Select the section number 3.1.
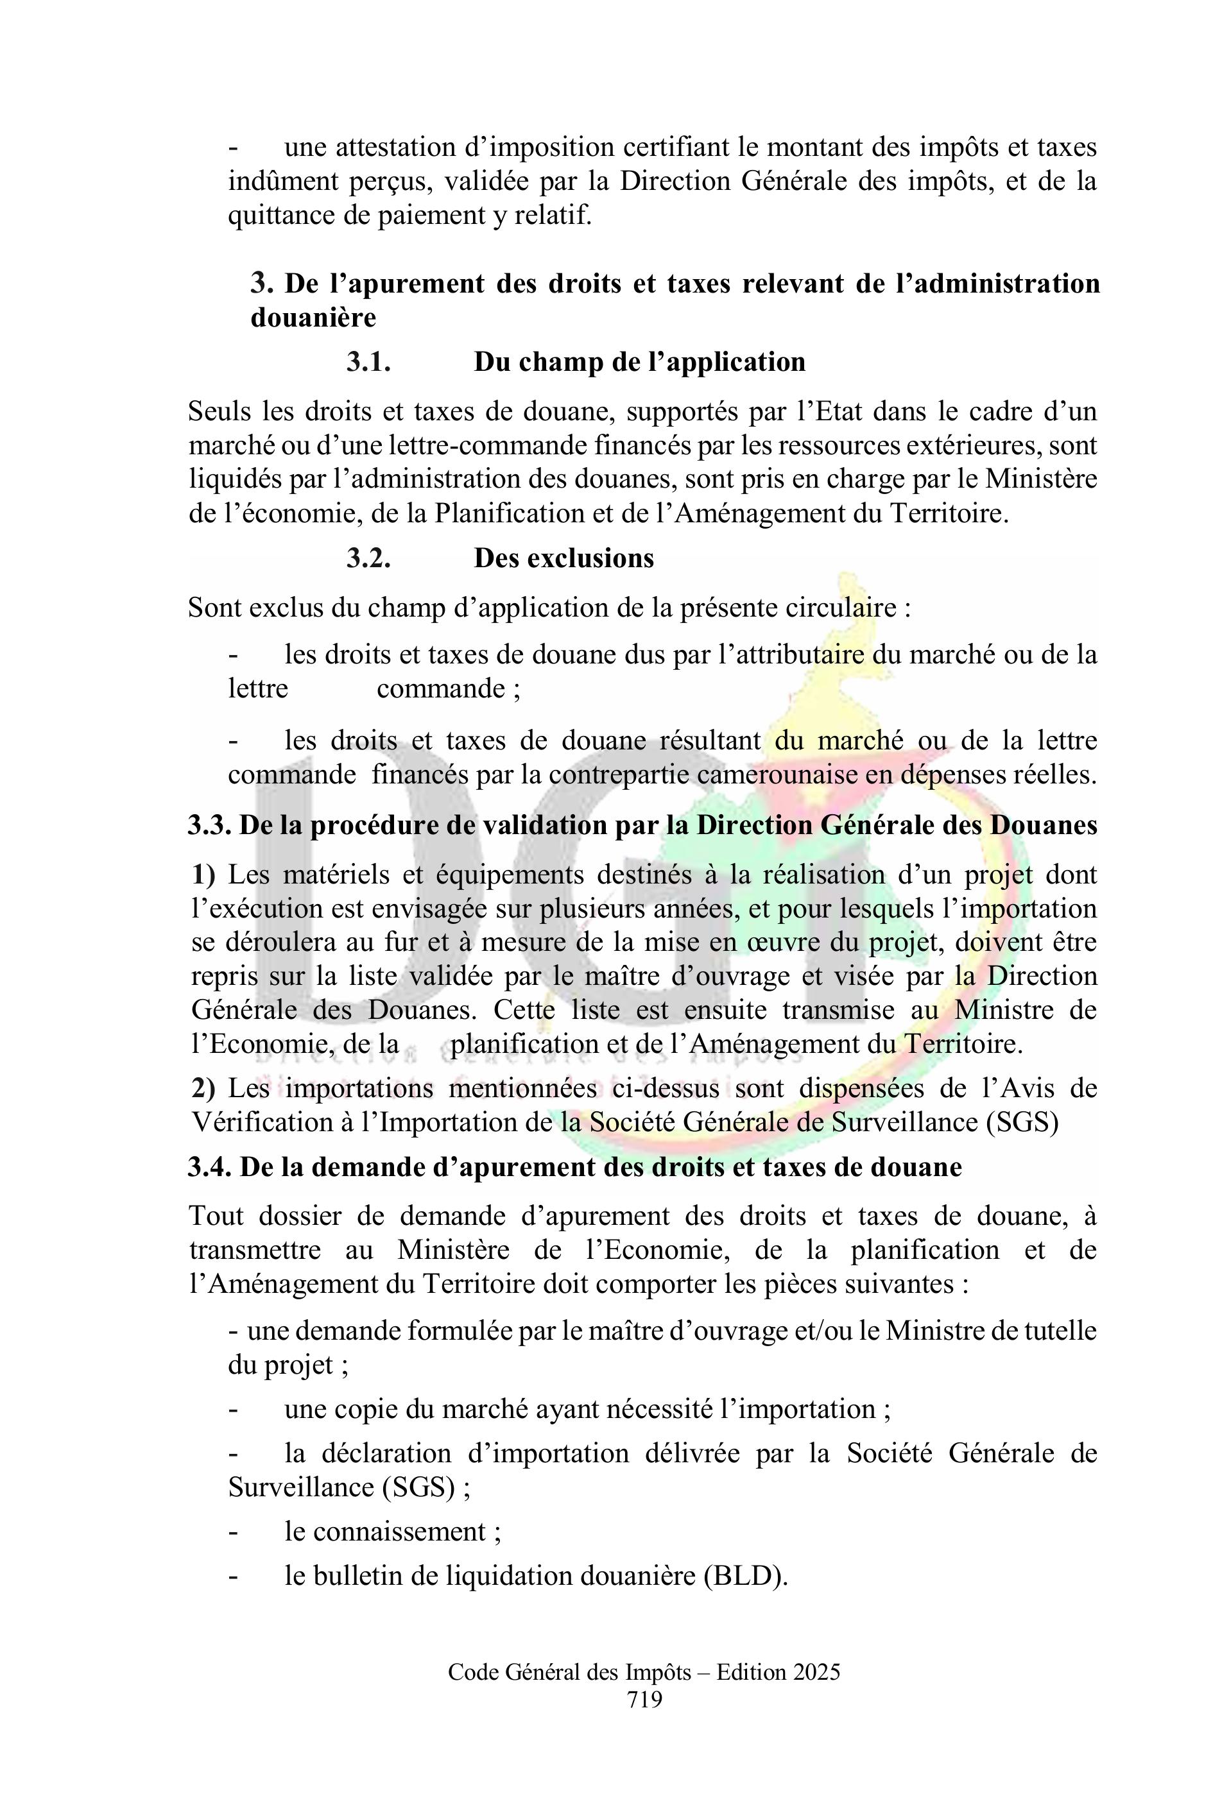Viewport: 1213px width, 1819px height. coord(368,362)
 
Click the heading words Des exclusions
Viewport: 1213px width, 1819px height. coord(564,558)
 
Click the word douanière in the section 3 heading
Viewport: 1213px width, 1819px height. coord(313,317)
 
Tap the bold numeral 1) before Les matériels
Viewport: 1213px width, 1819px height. coord(203,875)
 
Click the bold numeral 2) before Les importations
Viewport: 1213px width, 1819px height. coord(203,1088)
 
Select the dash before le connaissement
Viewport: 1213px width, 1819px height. coord(233,1532)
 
